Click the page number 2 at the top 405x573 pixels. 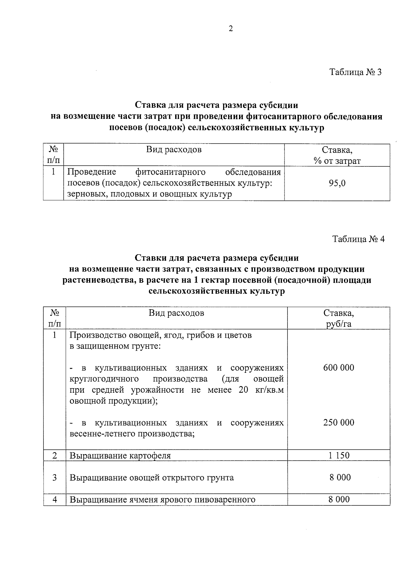click(231, 29)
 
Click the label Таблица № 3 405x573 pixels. click(355, 72)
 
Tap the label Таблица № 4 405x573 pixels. click(358, 239)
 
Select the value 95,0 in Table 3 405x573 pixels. click(337, 183)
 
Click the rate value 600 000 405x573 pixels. click(339, 368)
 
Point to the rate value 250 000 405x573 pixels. click(339, 423)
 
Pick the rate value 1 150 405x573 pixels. click(339, 455)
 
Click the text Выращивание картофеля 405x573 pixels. click(120, 456)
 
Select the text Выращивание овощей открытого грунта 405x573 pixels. click(152, 478)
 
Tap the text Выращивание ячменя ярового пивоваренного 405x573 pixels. click(162, 500)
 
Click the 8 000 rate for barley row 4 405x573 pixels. click(339, 499)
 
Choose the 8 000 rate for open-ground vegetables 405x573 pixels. click(340, 477)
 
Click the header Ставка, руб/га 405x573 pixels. click(339, 318)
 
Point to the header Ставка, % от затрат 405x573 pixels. click(337, 155)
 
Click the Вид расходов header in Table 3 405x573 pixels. click(174, 150)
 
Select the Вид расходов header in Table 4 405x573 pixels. click(177, 313)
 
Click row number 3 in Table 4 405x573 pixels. click(55, 477)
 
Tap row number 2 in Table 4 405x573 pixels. click(55, 455)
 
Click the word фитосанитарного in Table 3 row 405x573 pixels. click(170, 172)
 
